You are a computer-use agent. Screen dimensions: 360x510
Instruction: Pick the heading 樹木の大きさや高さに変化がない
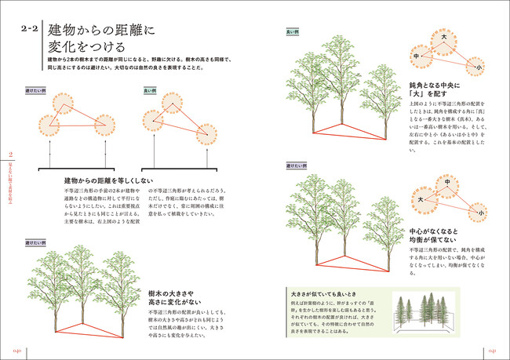(x=174, y=297)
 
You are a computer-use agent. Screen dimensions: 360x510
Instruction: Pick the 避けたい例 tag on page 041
(x=296, y=166)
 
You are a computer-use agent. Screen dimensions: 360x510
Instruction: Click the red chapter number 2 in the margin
(x=10, y=154)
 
